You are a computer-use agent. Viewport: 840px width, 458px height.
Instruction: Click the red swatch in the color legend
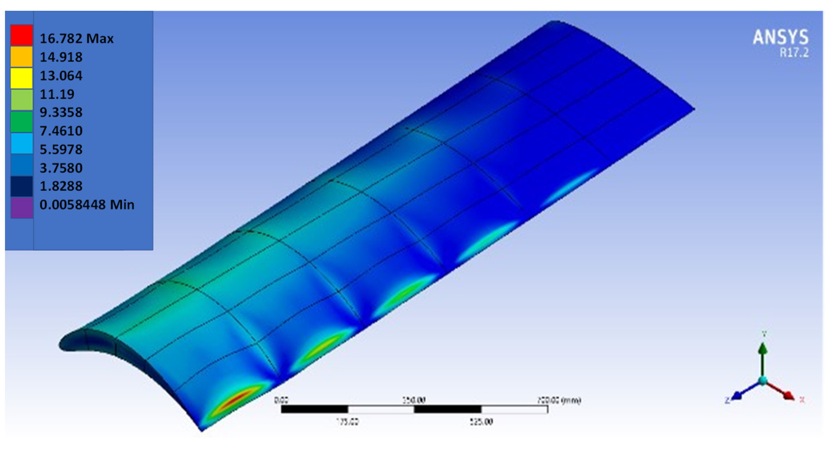point(21,35)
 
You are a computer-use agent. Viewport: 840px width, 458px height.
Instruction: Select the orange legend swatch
point(21,56)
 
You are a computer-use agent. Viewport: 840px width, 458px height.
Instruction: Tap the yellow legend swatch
point(21,78)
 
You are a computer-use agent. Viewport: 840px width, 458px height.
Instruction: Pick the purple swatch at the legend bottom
point(21,208)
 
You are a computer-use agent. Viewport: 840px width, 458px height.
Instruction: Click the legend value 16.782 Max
point(76,39)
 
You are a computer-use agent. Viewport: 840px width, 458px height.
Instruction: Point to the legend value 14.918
point(61,57)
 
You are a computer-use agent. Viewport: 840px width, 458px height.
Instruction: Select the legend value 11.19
point(57,94)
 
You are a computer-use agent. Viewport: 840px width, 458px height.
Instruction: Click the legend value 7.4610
point(61,131)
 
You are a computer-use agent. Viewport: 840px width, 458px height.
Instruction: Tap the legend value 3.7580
point(61,168)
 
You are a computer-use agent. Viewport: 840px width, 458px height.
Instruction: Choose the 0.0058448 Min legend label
point(87,205)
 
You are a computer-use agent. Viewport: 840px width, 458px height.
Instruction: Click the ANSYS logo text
point(780,37)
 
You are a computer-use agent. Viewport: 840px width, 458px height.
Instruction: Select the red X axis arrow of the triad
point(788,395)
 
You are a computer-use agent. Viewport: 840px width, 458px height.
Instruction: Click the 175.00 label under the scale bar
point(347,422)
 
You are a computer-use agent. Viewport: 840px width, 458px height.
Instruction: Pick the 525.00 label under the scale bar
point(481,422)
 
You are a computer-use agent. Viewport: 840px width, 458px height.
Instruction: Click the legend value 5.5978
point(61,150)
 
